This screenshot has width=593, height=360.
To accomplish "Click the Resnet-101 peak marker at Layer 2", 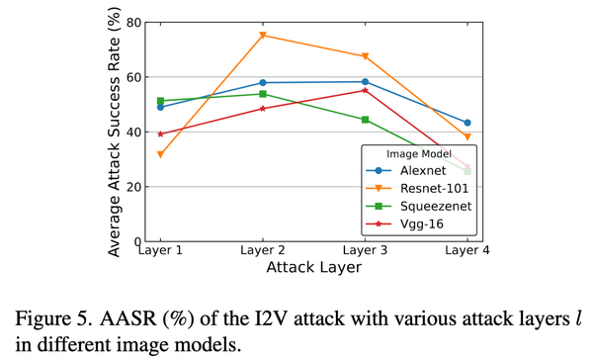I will (263, 36).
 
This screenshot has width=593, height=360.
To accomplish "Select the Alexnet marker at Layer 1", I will (160, 107).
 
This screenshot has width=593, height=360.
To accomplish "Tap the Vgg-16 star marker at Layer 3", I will (366, 90).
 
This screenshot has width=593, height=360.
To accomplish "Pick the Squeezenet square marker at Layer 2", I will (263, 94).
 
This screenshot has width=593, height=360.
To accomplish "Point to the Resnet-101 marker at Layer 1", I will (160, 154).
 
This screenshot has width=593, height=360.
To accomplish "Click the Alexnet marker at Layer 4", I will (467, 123).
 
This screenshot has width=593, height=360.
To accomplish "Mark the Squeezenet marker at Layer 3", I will (366, 120).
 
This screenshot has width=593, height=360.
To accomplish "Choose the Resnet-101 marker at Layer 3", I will (366, 56).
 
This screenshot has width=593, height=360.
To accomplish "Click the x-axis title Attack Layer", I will (313, 268).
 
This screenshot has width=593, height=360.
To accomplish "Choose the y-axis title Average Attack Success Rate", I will (115, 132).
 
